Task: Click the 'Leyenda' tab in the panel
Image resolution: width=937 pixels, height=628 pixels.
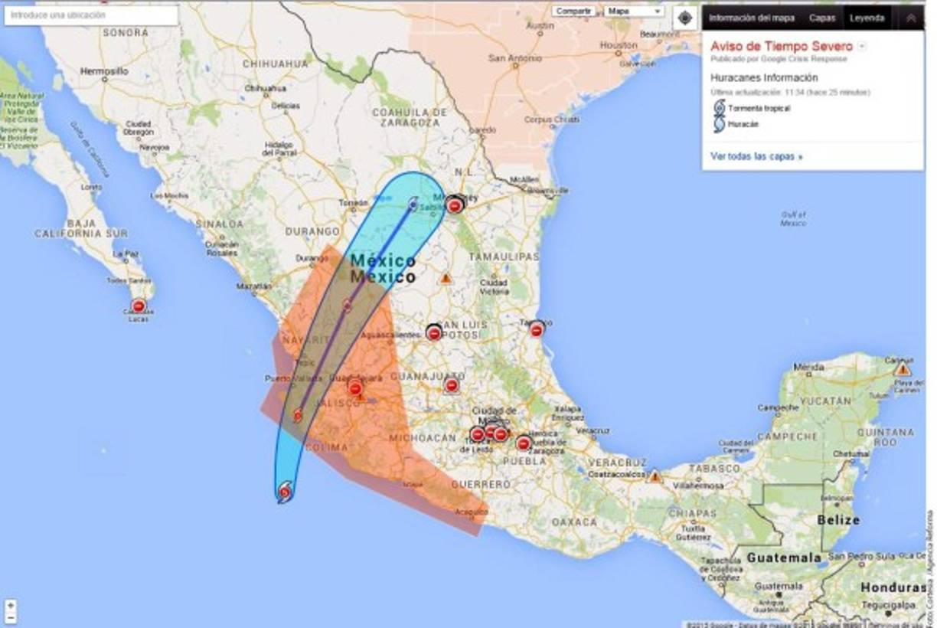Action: (867, 18)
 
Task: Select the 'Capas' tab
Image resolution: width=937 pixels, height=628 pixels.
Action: (822, 18)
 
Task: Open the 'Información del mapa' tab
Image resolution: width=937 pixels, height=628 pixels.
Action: (751, 18)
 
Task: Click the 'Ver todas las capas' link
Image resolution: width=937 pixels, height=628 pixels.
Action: (756, 156)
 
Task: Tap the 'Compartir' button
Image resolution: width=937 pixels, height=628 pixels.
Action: (573, 11)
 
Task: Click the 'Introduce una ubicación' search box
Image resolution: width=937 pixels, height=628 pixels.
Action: (91, 15)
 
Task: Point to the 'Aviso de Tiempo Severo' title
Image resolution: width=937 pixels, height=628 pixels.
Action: (781, 47)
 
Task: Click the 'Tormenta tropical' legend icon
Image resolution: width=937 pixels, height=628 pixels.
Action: (720, 107)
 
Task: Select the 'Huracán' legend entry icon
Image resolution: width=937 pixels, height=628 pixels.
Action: (720, 123)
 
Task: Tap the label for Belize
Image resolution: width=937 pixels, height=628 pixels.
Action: (837, 519)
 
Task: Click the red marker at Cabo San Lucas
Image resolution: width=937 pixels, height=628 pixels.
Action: (139, 306)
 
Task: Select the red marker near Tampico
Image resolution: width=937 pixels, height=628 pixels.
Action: (537, 329)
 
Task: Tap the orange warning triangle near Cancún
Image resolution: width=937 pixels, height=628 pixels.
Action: (903, 369)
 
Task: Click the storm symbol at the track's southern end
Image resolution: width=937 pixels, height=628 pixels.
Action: (285, 492)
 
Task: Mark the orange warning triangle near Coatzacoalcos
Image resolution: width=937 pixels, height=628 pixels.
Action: (655, 476)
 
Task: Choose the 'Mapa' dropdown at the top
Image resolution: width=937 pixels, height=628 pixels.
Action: (635, 11)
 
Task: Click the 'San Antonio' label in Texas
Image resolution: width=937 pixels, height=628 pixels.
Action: (509, 57)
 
